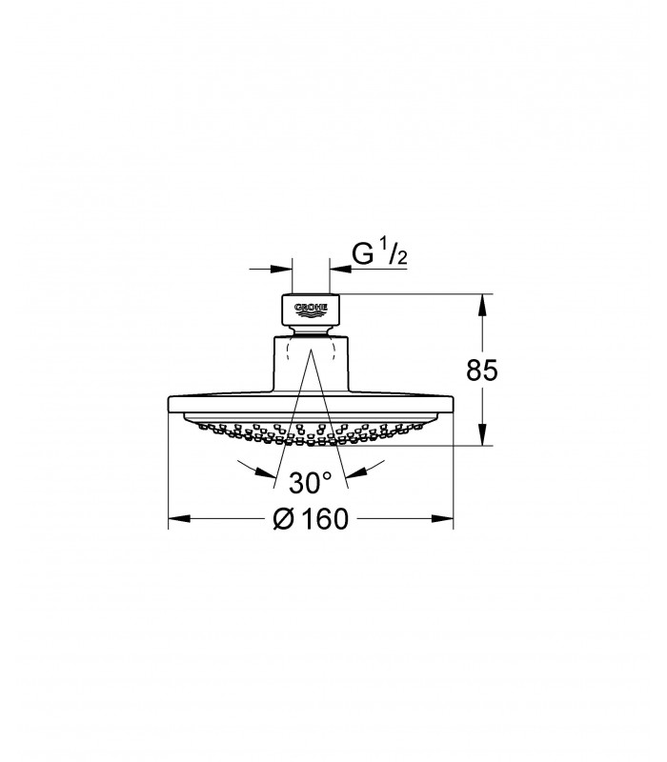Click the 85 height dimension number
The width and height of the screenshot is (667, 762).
482,371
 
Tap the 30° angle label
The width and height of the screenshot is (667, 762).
310,483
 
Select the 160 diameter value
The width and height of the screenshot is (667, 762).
325,518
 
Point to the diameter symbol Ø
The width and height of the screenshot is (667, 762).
283,518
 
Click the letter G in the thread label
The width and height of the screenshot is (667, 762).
362,254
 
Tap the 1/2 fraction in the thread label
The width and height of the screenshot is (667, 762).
396,253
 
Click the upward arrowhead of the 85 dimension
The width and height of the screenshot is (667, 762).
482,305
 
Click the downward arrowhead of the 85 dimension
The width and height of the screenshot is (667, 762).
482,434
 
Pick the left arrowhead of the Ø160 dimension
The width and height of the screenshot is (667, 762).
179,518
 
